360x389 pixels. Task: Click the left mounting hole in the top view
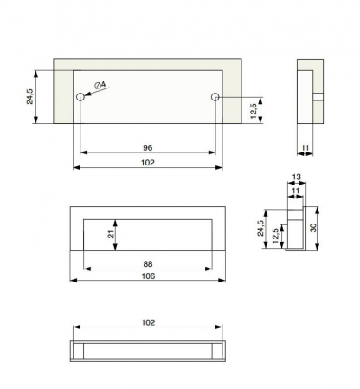[80, 97]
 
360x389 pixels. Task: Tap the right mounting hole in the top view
[215, 97]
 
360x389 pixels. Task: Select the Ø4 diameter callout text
[100, 85]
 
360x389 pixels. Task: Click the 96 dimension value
[148, 147]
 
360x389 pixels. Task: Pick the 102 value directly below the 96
[148, 163]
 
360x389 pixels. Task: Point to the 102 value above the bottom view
[148, 322]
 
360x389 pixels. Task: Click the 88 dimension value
[148, 263]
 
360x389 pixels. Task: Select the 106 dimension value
[148, 276]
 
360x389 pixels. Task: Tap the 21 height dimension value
[111, 234]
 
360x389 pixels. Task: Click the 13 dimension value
[297, 177]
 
